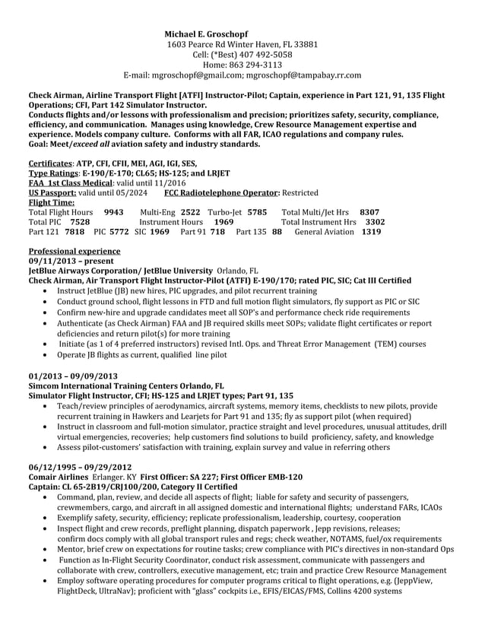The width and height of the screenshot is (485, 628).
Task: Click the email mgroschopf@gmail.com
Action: [x=195, y=75]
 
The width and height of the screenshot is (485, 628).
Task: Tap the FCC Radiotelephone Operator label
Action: [x=223, y=193]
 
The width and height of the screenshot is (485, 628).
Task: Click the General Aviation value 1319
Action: [x=371, y=231]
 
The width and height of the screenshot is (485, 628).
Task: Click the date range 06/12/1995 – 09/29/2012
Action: [x=78, y=467]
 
